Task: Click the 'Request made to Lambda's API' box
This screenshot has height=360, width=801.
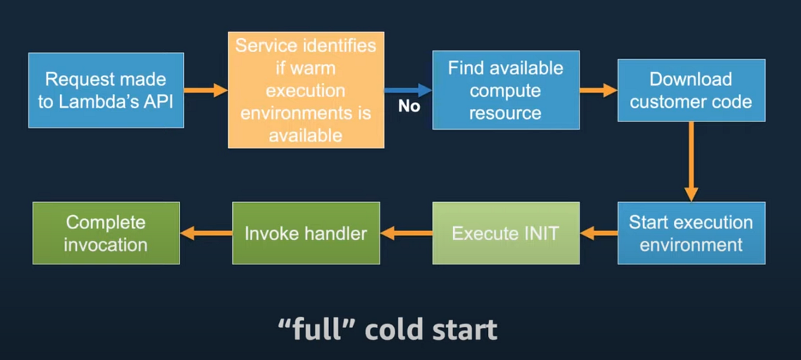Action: point(105,90)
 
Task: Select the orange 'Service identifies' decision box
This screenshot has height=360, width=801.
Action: point(306,91)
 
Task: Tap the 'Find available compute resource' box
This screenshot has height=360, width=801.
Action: point(505,90)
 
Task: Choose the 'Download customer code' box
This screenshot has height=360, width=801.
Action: point(691,90)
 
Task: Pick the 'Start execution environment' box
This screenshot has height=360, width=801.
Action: point(691,233)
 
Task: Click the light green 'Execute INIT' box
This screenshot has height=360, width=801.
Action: point(505,233)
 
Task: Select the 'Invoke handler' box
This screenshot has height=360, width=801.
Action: point(306,233)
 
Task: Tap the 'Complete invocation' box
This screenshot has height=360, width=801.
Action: point(106,233)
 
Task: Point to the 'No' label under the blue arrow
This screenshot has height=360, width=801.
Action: point(409,106)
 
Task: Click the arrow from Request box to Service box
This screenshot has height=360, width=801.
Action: point(206,90)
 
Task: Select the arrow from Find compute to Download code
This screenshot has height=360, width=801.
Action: point(598,90)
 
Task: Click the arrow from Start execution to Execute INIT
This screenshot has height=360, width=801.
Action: point(598,233)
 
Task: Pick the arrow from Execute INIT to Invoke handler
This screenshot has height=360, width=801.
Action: point(406,233)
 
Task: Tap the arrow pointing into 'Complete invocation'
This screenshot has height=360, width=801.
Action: point(206,233)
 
